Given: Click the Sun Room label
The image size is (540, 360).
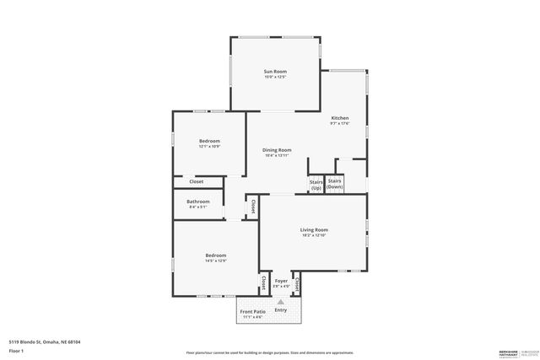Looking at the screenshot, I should (276, 73).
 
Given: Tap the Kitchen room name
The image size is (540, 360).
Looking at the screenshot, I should (339, 118).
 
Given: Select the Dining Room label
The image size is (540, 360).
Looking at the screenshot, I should (277, 150).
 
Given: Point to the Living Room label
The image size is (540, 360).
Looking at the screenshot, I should (314, 229).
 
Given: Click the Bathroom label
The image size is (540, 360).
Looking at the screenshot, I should (198, 201).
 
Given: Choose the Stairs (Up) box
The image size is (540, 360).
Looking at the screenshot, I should (316, 184).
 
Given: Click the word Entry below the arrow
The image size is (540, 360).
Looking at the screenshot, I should (281, 309).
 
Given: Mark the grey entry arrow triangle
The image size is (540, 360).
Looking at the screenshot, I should (281, 300).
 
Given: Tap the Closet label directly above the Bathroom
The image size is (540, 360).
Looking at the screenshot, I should (196, 181).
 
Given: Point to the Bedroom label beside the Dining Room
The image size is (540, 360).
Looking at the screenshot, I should (209, 141).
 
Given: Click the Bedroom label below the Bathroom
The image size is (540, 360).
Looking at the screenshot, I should (215, 255).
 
